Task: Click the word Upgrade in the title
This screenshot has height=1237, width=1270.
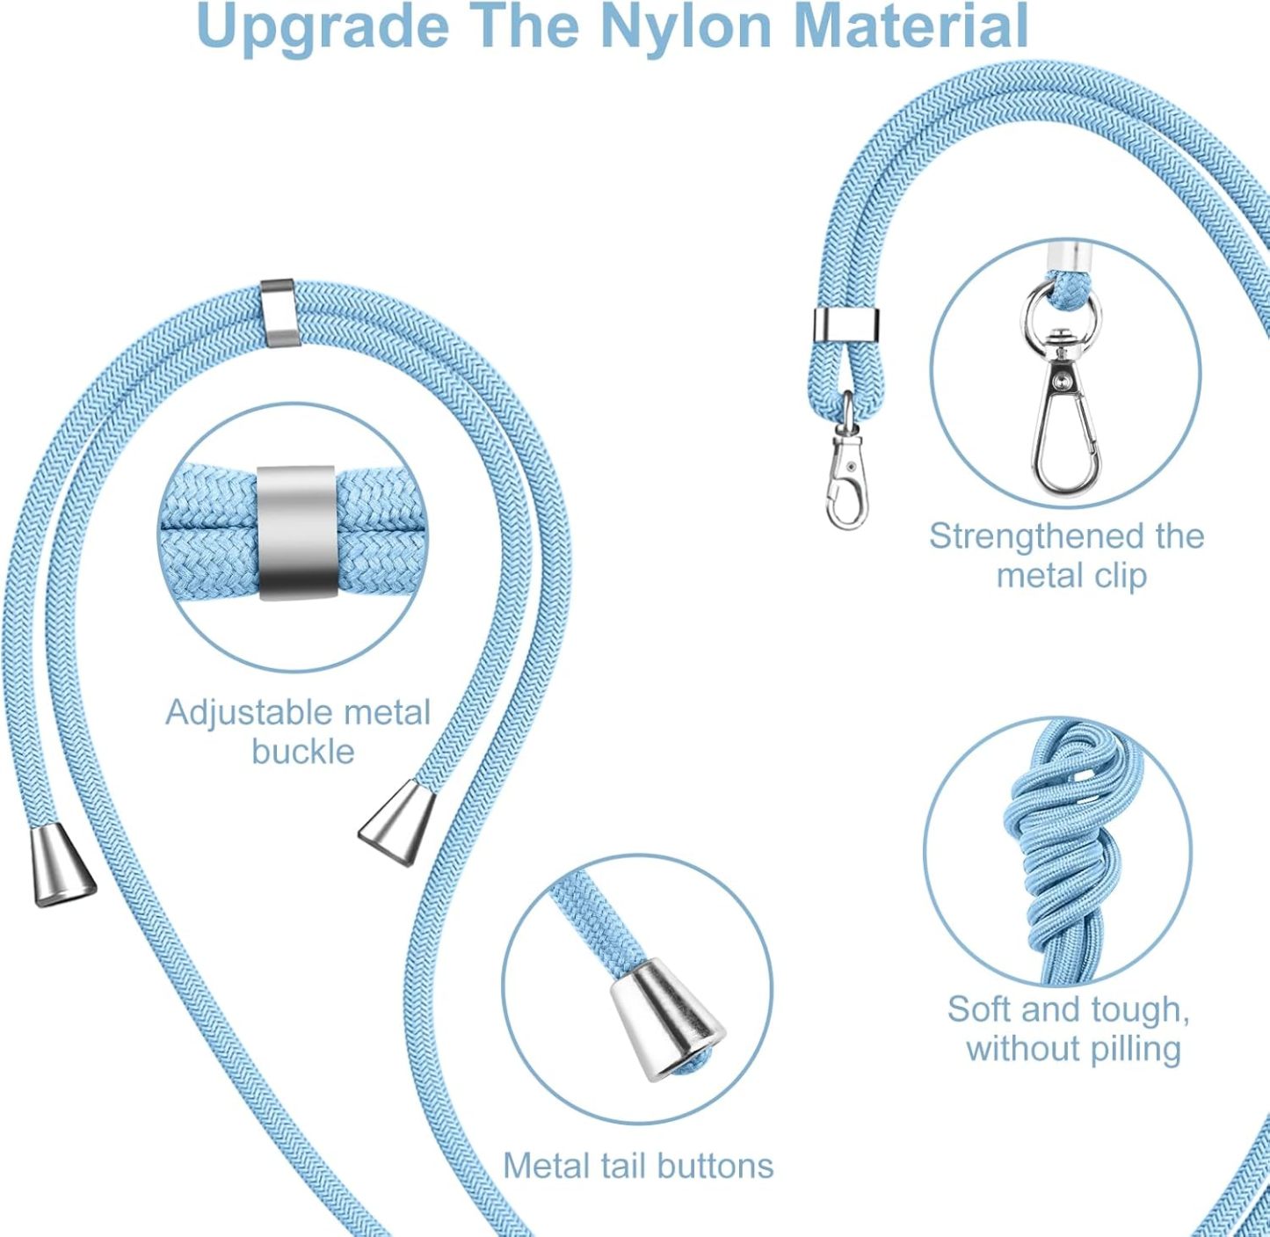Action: (323, 26)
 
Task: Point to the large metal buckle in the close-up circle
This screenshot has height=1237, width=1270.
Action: (297, 533)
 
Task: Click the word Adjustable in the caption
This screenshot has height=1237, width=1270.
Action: (251, 714)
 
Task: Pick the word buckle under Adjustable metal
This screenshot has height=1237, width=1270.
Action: (303, 752)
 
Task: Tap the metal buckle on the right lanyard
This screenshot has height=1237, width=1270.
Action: (845, 325)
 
